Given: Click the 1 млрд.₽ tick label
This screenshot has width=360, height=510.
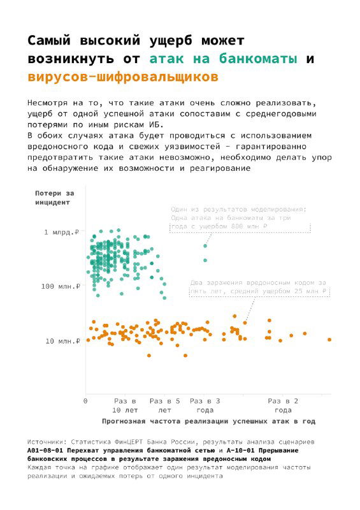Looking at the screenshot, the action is pyautogui.click(x=61, y=233).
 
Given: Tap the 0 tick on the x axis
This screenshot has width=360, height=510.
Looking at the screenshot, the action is pyautogui.click(x=85, y=401).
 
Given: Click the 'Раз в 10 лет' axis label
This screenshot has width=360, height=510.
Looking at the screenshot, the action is pyautogui.click(x=124, y=405).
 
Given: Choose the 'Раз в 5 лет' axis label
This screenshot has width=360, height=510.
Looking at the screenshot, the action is pyautogui.click(x=164, y=405).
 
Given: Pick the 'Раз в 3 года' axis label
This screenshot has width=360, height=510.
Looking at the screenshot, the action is pyautogui.click(x=205, y=405).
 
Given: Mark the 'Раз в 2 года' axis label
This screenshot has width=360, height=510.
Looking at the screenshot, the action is pyautogui.click(x=284, y=405).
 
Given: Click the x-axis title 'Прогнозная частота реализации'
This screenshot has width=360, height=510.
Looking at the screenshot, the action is pyautogui.click(x=209, y=421).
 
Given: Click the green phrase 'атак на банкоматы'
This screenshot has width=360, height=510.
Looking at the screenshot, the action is pyautogui.click(x=225, y=59).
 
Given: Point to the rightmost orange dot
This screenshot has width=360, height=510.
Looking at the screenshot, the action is pyautogui.click(x=329, y=340).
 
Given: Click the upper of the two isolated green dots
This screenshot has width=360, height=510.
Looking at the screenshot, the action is pyautogui.click(x=205, y=246).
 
